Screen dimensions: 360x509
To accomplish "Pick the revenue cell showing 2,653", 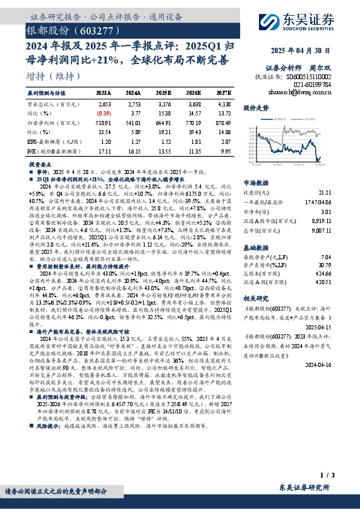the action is [104, 104].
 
